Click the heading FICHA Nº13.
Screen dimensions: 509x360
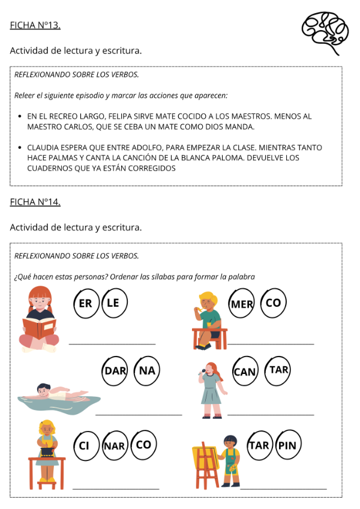(x=35, y=25)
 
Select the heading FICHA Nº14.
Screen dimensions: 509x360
(x=35, y=202)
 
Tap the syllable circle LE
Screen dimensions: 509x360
(x=114, y=303)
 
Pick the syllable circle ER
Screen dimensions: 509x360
(x=86, y=303)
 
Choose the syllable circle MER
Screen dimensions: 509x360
(x=242, y=304)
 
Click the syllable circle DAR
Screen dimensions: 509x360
(x=115, y=370)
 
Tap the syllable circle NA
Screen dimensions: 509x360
(x=146, y=370)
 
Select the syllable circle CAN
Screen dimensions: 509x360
(x=245, y=372)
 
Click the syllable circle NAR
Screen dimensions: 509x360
(x=114, y=445)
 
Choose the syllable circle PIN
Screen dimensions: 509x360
(x=289, y=445)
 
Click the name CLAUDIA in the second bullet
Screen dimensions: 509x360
(x=43, y=148)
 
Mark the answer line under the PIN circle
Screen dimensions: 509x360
(x=283, y=489)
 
